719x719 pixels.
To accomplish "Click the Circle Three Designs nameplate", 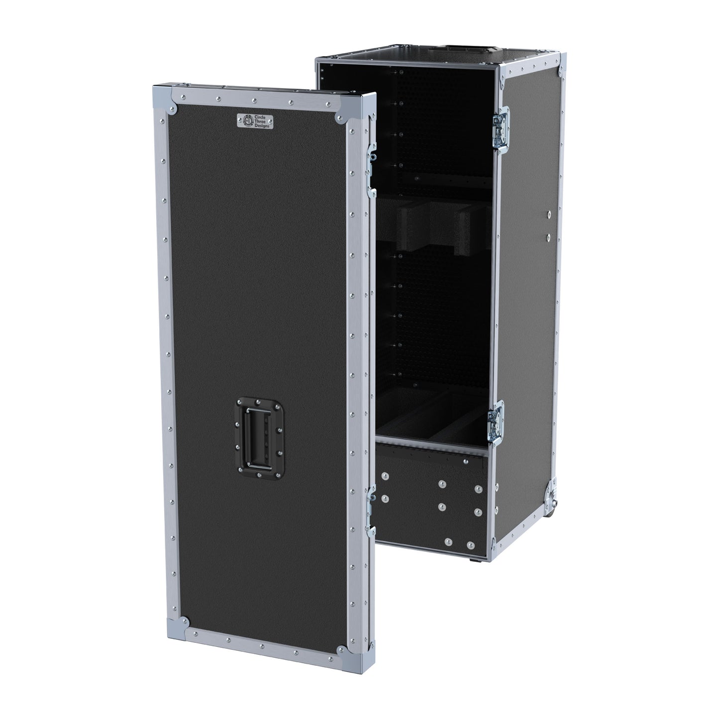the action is click(255, 121).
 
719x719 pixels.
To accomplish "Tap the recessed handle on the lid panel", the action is click(260, 437).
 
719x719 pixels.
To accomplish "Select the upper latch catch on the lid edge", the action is click(372, 170).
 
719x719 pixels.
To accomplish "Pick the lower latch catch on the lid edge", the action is click(371, 511).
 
